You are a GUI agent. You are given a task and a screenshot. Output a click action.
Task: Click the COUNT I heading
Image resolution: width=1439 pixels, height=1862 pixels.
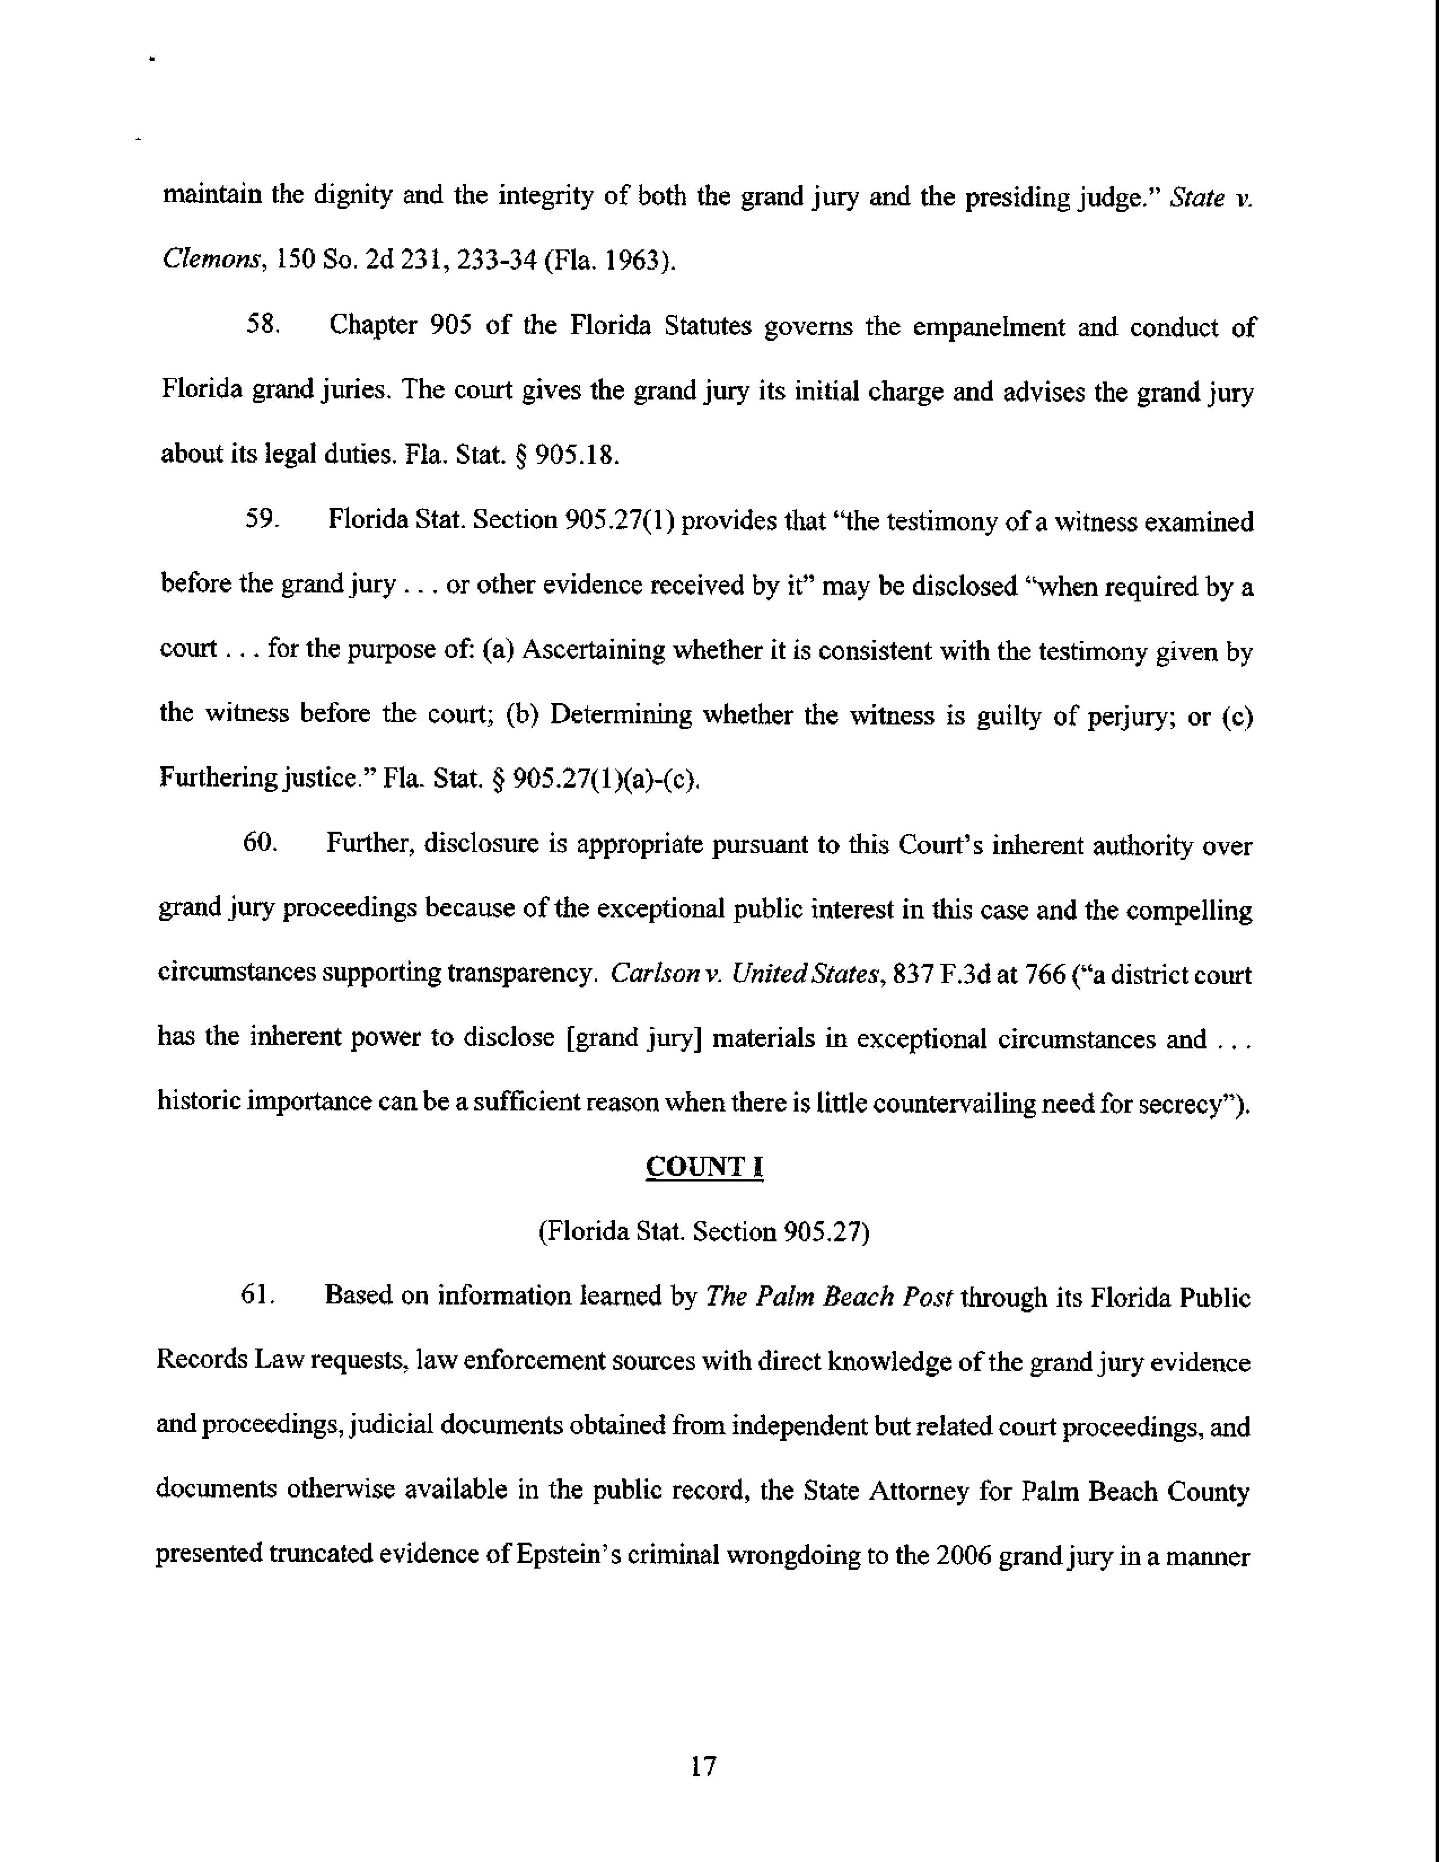(704, 1166)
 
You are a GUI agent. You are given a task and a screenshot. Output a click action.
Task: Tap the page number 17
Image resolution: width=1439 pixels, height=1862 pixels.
(703, 1766)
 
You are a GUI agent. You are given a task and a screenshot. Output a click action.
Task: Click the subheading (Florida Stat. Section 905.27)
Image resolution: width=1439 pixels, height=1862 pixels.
(704, 1231)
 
